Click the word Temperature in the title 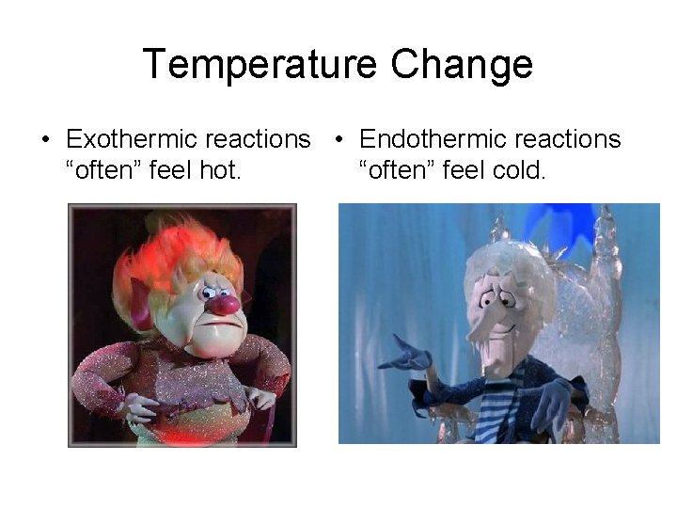[x=260, y=65]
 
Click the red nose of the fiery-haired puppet [x=223, y=304]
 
